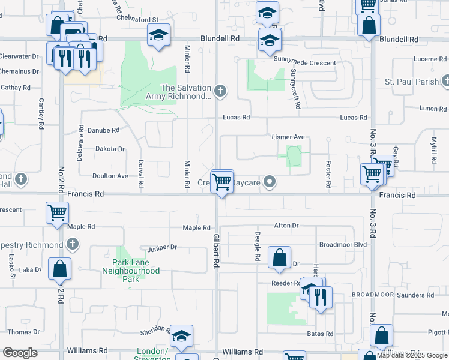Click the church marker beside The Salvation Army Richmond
220,91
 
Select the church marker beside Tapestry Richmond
72,244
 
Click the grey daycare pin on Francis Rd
271,181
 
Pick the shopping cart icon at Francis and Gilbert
222,181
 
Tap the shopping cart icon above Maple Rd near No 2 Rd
58,212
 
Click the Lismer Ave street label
289,137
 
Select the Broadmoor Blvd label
343,244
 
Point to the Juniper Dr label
162,247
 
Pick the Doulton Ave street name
110,176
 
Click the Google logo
20,353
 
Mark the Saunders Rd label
414,295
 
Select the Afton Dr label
286,226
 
